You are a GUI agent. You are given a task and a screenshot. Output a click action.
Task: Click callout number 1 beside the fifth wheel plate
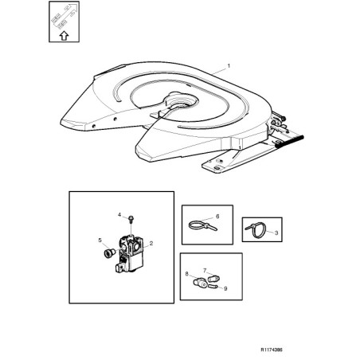(229, 65)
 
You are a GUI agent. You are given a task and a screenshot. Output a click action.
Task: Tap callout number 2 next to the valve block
(151, 243)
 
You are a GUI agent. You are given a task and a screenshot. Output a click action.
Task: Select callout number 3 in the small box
(276, 233)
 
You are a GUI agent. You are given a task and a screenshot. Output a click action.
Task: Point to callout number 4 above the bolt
(119, 214)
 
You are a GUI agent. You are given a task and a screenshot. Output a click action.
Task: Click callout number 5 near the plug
(100, 241)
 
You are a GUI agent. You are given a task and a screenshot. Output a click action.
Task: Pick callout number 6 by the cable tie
(217, 217)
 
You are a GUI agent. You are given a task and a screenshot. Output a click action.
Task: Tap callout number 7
(205, 271)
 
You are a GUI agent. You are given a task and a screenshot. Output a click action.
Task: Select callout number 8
(187, 274)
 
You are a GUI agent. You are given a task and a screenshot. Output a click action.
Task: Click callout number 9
(225, 288)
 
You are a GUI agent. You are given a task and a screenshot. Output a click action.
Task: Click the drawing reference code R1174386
(272, 350)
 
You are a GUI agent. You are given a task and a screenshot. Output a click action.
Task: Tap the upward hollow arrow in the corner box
(64, 35)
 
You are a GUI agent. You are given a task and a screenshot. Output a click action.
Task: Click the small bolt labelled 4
(131, 219)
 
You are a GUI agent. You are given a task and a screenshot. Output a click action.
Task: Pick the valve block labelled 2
(130, 253)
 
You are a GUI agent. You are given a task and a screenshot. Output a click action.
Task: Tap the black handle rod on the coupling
(290, 142)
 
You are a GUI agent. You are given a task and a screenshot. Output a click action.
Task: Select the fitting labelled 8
(200, 284)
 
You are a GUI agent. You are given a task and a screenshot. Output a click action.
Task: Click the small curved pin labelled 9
(213, 286)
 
